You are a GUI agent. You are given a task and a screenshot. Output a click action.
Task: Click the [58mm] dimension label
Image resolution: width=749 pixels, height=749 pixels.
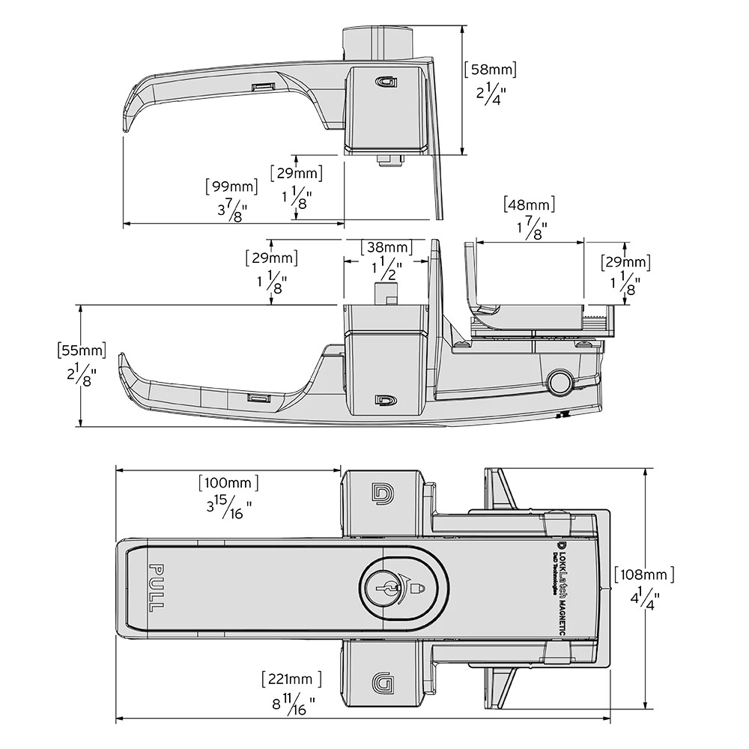(491, 70)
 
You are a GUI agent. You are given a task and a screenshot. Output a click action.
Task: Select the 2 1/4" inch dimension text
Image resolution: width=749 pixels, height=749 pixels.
(491, 94)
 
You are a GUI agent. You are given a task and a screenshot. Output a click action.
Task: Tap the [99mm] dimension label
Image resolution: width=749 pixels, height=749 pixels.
(231, 187)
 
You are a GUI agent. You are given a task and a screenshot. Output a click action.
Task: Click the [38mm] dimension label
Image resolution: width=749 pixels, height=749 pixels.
(386, 247)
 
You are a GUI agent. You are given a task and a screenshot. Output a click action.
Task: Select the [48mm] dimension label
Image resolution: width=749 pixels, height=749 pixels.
(530, 204)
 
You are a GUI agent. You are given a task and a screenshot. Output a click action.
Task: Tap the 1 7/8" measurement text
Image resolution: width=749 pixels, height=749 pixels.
(531, 228)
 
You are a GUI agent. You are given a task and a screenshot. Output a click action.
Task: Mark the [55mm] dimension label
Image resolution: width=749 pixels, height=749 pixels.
(81, 350)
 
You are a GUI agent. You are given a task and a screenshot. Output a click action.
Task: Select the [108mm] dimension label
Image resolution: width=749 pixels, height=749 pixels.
(643, 574)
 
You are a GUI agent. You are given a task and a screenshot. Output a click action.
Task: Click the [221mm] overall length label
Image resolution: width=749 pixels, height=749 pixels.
(291, 679)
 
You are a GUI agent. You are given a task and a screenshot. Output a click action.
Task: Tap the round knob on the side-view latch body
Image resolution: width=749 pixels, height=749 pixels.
(559, 381)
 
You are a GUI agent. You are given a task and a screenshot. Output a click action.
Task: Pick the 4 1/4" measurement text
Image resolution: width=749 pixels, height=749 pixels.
(643, 599)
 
